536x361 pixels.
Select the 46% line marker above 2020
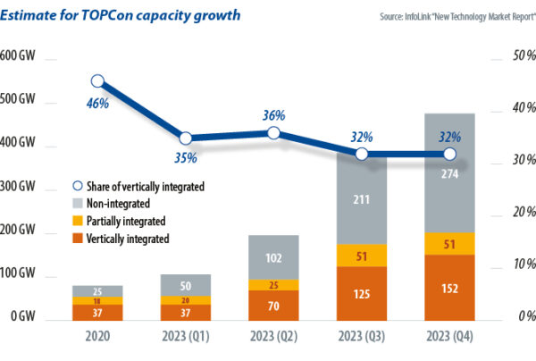[98, 82]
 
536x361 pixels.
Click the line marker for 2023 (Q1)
[186, 139]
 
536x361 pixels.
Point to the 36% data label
[273, 116]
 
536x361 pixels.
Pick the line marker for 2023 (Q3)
[362, 154]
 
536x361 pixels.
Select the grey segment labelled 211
[362, 201]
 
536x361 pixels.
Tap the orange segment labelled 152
[449, 288]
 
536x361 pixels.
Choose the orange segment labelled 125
[362, 293]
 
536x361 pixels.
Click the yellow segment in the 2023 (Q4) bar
[449, 244]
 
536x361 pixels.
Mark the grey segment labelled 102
[273, 257]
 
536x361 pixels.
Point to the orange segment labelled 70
[273, 305]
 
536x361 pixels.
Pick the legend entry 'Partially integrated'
[126, 220]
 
